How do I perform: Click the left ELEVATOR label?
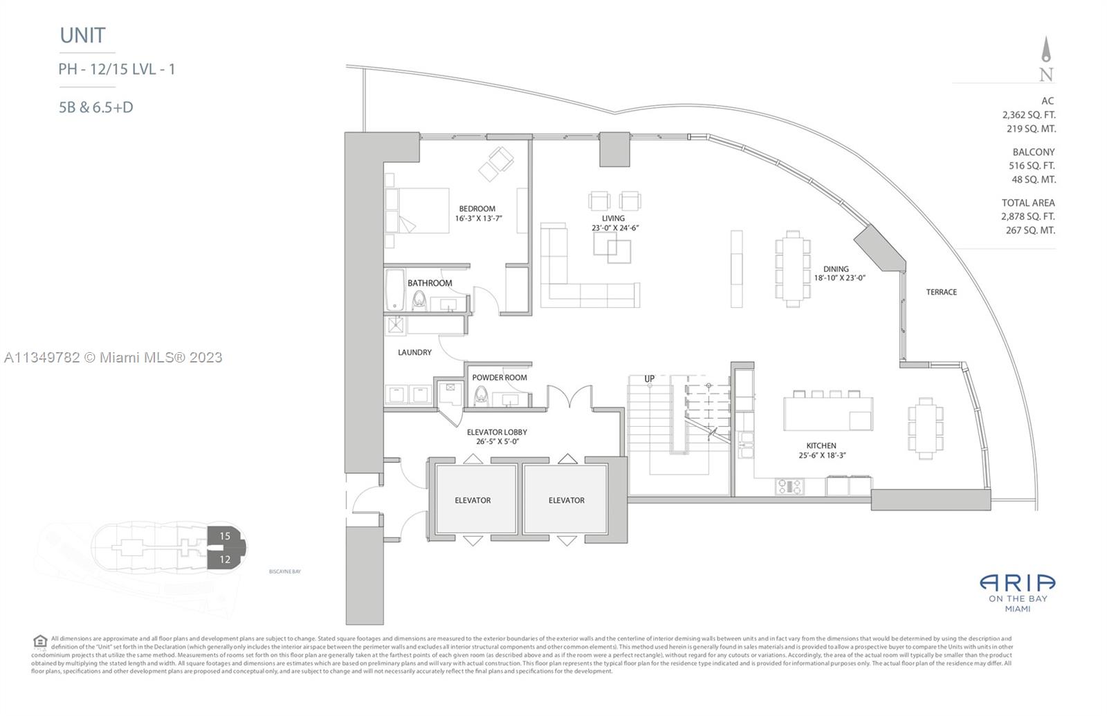pyautogui.click(x=473, y=500)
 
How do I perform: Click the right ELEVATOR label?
pyautogui.click(x=566, y=500)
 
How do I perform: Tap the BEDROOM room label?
pyautogui.click(x=477, y=208)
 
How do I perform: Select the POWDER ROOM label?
pyautogui.click(x=499, y=378)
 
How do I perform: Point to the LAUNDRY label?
pyautogui.click(x=414, y=352)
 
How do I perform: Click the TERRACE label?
pyautogui.click(x=941, y=292)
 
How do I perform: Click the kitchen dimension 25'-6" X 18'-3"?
pyautogui.click(x=821, y=455)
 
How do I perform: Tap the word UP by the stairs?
pyautogui.click(x=649, y=378)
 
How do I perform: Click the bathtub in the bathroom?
pyautogui.click(x=395, y=290)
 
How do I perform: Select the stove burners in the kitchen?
pyautogui.click(x=789, y=486)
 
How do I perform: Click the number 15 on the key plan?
pyautogui.click(x=225, y=536)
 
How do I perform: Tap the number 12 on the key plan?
pyautogui.click(x=225, y=559)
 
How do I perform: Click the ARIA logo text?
pyautogui.click(x=1017, y=583)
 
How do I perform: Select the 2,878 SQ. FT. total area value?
pyautogui.click(x=1027, y=217)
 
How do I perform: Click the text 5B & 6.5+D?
pyautogui.click(x=96, y=107)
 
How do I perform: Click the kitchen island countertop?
pyautogui.click(x=827, y=413)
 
